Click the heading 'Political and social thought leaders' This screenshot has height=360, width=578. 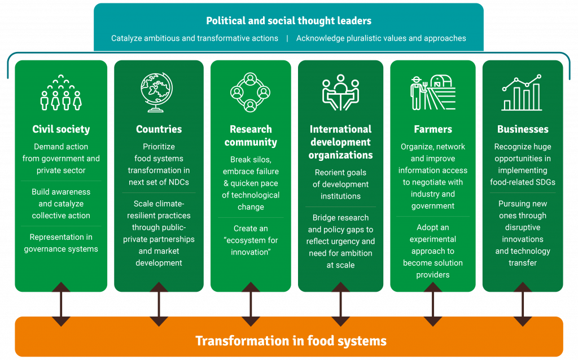(288, 21)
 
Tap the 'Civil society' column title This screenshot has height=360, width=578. (61, 129)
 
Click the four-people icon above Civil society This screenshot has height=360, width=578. (61, 95)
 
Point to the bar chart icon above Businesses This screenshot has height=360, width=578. (522, 93)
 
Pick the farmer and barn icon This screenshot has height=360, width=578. (432, 93)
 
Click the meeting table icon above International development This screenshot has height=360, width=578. (340, 93)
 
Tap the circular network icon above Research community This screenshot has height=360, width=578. (251, 93)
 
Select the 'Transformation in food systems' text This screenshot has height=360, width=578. (291, 341)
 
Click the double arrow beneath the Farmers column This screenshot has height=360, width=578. (432, 304)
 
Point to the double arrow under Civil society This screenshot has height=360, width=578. (61, 304)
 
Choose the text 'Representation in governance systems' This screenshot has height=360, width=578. (61, 243)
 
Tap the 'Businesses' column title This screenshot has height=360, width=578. (523, 129)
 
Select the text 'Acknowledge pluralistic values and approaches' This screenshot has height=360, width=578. (381, 38)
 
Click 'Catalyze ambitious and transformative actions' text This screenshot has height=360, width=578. (195, 38)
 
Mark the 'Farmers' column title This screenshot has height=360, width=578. (432, 129)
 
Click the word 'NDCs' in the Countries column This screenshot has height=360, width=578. (177, 182)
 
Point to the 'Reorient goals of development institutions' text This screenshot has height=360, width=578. (340, 185)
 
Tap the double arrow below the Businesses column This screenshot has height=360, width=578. (523, 304)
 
